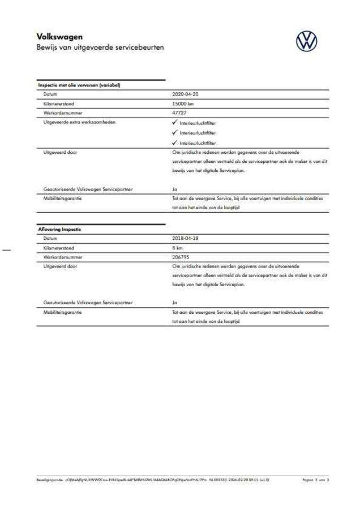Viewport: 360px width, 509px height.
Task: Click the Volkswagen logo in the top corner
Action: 307,41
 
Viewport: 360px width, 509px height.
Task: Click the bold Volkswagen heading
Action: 59,37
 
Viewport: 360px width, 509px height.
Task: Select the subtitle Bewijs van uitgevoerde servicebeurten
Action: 100,48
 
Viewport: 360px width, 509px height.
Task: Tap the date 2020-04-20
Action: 185,94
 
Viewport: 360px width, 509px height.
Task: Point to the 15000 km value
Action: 183,104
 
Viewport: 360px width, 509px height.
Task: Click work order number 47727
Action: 179,113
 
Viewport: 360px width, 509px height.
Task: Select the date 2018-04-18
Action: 185,238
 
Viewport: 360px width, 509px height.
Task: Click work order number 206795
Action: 181,257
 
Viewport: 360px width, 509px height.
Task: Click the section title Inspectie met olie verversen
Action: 79,85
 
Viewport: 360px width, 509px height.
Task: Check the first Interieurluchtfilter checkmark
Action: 175,123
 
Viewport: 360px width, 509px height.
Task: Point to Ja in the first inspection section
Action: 174,189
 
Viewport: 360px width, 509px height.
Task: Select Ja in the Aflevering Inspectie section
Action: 174,303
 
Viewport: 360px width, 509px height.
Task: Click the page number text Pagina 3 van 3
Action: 316,480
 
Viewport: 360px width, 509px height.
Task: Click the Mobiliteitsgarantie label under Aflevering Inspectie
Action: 62,312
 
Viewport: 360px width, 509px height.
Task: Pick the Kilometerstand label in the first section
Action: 59,104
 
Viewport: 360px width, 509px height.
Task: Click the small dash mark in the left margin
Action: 6,248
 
